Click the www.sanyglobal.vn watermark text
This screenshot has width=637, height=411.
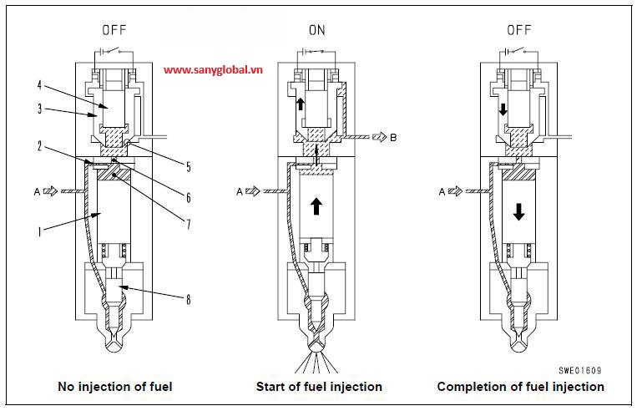tap(214, 70)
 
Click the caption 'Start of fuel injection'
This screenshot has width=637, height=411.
tap(319, 387)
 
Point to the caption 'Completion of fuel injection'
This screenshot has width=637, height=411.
tap(520, 387)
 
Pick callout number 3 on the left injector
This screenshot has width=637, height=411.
tap(38, 108)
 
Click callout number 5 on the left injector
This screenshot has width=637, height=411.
tap(189, 167)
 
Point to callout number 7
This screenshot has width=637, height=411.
tap(189, 224)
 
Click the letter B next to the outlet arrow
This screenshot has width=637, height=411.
tap(392, 138)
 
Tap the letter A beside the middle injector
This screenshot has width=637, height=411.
tap(240, 191)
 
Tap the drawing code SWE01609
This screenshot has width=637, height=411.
tap(581, 368)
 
